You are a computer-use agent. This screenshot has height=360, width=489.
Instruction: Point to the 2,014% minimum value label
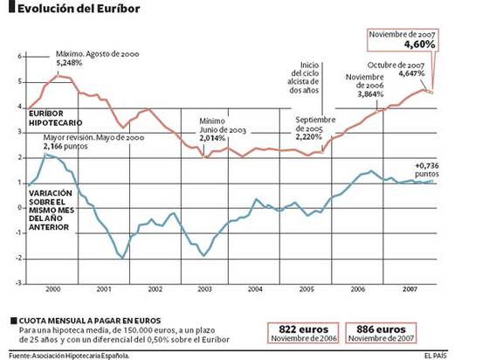pyautogui.click(x=214, y=138)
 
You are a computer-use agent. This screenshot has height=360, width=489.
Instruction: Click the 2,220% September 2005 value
pyautogui.click(x=311, y=138)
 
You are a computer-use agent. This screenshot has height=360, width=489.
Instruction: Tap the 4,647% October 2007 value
pyautogui.click(x=412, y=74)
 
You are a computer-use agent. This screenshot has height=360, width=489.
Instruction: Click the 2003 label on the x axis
pyautogui.click(x=204, y=288)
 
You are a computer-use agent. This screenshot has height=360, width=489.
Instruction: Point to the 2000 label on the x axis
pyautogui.click(x=52, y=288)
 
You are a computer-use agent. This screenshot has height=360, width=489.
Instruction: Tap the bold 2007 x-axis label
pyautogui.click(x=409, y=288)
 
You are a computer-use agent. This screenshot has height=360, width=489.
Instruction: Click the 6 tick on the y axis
pyautogui.click(x=21, y=57)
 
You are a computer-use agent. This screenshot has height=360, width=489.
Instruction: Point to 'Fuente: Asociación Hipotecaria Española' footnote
pyautogui.click(x=70, y=354)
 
